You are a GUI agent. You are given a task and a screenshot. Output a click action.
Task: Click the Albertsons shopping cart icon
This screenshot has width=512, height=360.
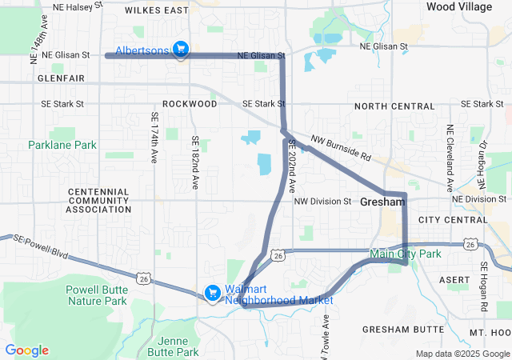(181, 50)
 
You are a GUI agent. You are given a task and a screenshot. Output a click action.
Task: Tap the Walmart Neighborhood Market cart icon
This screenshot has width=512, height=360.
(213, 294)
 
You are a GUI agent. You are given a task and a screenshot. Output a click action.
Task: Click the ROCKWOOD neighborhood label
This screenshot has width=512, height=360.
(190, 104)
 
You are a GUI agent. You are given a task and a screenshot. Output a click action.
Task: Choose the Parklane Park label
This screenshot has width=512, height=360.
(62, 145)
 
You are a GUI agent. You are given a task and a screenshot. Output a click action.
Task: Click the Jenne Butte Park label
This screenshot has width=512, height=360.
(174, 346)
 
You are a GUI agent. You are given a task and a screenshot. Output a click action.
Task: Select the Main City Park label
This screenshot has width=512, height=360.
(406, 254)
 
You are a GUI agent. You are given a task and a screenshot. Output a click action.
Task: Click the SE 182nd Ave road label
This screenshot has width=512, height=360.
(194, 162)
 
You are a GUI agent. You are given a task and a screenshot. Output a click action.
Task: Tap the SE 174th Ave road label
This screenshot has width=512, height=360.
(154, 138)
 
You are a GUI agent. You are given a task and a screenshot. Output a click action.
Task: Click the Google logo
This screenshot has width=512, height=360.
(27, 350)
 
